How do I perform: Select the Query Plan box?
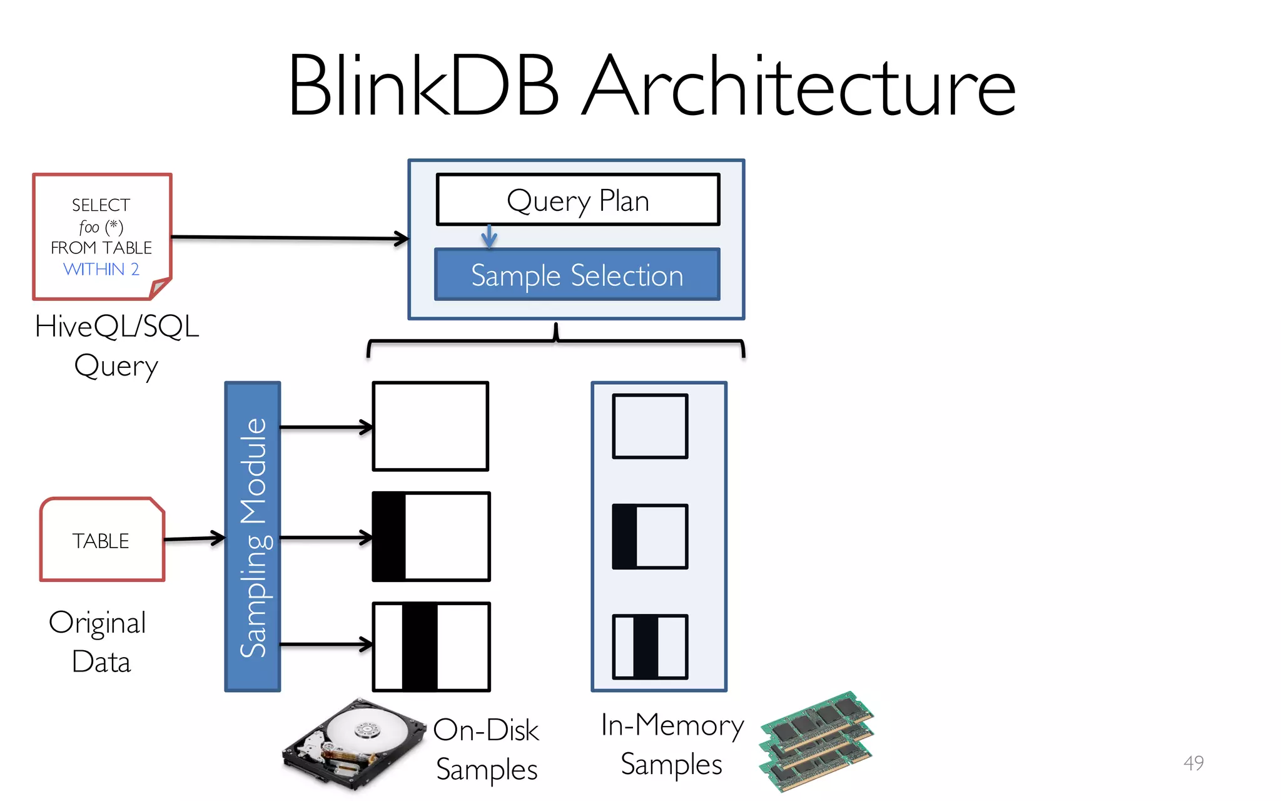tap(578, 200)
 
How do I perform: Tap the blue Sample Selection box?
tap(577, 275)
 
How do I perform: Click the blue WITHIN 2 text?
tap(101, 269)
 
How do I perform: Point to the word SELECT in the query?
tap(101, 205)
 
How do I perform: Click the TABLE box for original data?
tap(101, 540)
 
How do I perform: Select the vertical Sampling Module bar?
tap(253, 536)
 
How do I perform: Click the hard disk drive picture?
tap(353, 745)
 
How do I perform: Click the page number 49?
tap(1193, 763)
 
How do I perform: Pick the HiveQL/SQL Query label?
tap(117, 345)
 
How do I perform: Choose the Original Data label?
tap(99, 641)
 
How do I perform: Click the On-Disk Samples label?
tap(487, 750)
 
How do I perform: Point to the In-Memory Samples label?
tap(672, 745)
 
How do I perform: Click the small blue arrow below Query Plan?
tap(489, 237)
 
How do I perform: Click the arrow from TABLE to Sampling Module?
tap(194, 538)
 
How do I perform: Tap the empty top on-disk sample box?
tap(430, 426)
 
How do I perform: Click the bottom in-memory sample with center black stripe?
tap(650, 646)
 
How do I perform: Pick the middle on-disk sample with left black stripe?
tap(431, 536)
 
